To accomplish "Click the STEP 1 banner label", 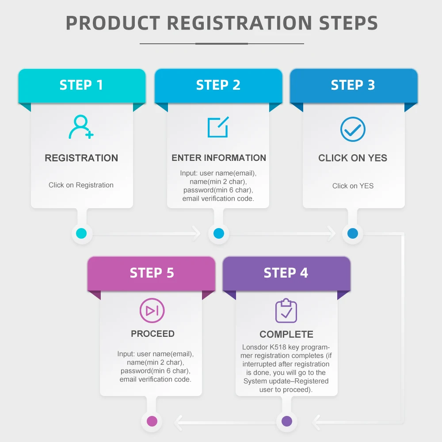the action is click(81, 85).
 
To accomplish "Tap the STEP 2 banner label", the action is click(218, 85).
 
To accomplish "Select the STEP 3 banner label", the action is click(353, 85).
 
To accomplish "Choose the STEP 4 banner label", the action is click(286, 273).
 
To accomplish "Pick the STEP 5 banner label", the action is click(152, 273).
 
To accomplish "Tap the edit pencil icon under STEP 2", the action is click(218, 127).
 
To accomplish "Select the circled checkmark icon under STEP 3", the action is click(353, 129).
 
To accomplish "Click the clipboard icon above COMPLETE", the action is click(286, 311).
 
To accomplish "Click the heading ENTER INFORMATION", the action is click(219, 158).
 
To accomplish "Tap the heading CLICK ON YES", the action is click(353, 158).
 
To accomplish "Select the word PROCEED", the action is click(152, 334).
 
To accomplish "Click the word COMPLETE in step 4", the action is click(286, 334).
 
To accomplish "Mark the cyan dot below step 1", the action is click(81, 233).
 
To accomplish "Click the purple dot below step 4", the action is click(286, 421).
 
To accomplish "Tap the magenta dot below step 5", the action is click(152, 421).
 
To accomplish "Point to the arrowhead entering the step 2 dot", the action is click(197, 233).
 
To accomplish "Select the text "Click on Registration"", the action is click(81, 185).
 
